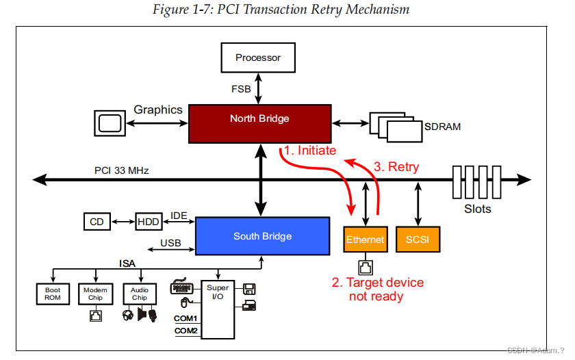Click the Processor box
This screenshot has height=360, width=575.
[258, 57]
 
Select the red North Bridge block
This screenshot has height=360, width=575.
[259, 123]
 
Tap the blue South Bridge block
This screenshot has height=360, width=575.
[262, 236]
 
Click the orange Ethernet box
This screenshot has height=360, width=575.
[365, 240]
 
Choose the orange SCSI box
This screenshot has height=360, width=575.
[417, 240]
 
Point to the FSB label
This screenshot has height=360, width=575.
[241, 88]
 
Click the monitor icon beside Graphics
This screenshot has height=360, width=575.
[109, 123]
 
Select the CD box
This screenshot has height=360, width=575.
[97, 222]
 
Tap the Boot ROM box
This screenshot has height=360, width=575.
[53, 294]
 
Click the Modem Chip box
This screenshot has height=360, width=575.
[96, 294]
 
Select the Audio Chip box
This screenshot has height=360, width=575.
[140, 294]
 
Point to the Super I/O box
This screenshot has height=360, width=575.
[218, 308]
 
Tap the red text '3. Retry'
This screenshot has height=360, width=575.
[396, 166]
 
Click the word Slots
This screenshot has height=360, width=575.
[477, 209]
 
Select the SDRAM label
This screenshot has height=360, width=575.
[442, 127]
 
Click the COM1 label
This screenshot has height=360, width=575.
[186, 319]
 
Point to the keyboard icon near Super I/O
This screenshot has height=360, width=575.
[181, 287]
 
